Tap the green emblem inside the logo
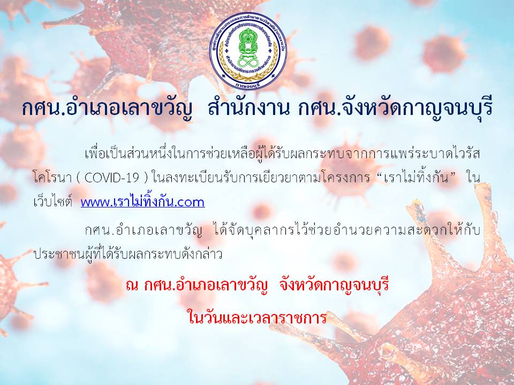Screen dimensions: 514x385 248,48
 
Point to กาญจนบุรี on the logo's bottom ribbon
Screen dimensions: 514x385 248,85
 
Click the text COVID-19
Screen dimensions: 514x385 113,178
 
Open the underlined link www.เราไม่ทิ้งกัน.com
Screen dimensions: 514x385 142,202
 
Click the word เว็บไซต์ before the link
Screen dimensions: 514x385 53,202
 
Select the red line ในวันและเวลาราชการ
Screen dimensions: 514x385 258,317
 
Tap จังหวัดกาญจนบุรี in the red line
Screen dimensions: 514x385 334,286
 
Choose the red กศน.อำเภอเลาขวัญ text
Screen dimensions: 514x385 206,286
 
